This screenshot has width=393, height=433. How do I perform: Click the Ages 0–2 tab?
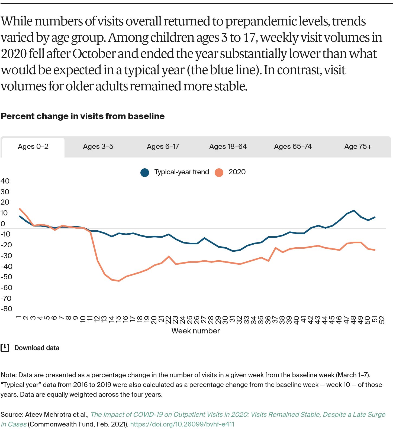[33, 147]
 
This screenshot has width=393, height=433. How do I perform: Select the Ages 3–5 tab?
[98, 147]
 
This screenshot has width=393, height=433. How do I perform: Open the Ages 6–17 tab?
[163, 147]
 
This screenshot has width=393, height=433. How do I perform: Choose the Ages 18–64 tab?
[228, 147]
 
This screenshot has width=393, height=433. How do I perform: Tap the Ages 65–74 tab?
[293, 147]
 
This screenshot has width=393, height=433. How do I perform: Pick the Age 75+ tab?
[358, 147]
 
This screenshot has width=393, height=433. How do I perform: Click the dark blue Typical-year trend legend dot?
[145, 172]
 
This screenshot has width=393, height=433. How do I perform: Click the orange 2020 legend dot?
[219, 172]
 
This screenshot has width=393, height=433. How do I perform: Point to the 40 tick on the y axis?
[5, 181]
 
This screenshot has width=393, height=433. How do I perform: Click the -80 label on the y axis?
[6, 309]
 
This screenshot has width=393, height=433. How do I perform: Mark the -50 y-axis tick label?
[6, 277]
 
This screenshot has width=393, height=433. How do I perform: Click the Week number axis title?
[195, 331]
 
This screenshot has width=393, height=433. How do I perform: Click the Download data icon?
[5, 348]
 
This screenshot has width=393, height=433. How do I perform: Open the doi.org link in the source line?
[182, 424]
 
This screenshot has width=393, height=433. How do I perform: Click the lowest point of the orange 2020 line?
[119, 281]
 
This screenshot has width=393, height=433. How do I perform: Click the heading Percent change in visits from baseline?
[83, 116]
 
